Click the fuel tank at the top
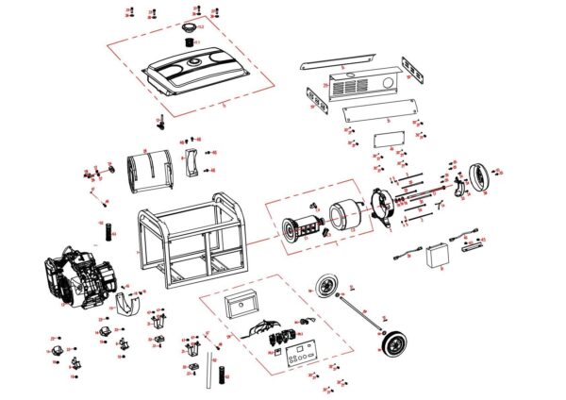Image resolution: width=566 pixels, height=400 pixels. pos(196,74)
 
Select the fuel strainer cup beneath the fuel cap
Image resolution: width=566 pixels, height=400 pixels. pos(191,42)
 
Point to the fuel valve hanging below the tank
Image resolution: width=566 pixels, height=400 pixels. pos(161,121)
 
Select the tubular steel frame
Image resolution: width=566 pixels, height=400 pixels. pos(189,243)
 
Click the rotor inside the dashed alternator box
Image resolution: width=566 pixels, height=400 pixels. pos(299,230)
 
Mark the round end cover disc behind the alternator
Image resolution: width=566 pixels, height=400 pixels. pos(481,176)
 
